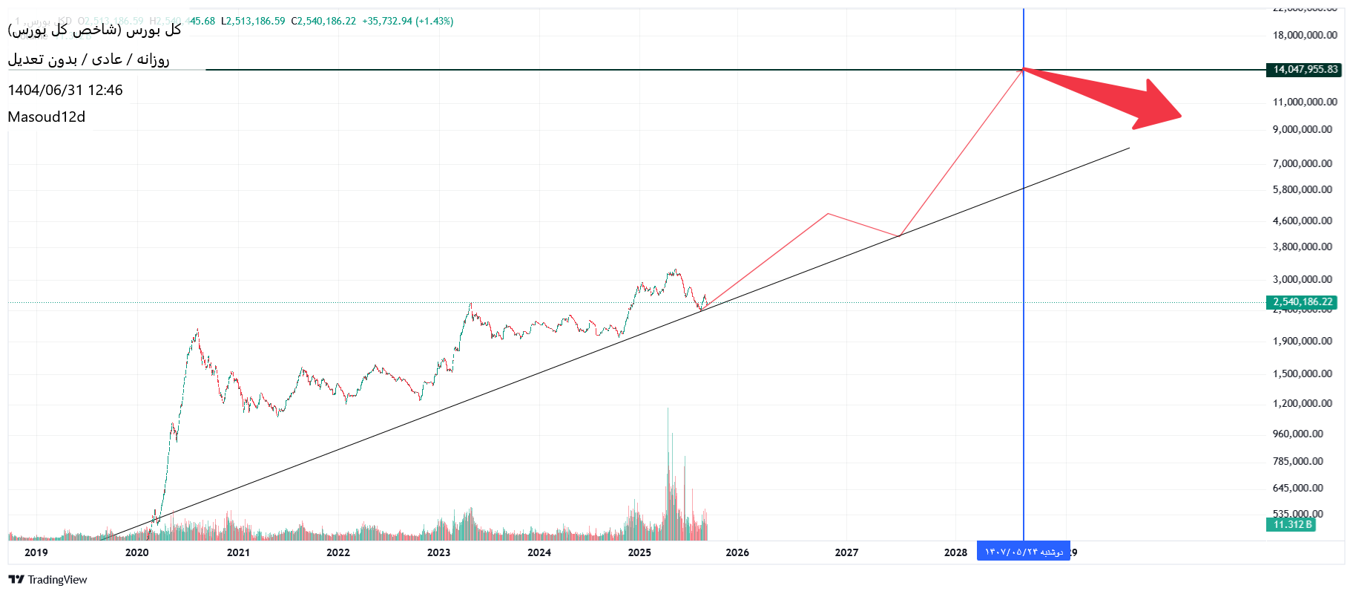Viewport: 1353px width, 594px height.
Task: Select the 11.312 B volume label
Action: (1291, 525)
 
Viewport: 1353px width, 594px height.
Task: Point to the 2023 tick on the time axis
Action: (438, 552)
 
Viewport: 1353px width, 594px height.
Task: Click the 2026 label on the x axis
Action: (737, 552)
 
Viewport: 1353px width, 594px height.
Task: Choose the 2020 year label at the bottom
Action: (136, 552)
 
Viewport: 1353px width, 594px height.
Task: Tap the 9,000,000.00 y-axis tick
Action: (1302, 129)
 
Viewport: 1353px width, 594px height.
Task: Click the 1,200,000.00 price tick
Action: (1302, 403)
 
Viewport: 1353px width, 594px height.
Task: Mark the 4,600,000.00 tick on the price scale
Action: (1302, 221)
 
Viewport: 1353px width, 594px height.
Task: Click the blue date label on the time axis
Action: (1023, 552)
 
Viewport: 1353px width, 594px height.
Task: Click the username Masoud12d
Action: (47, 117)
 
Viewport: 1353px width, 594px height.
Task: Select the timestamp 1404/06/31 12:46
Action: (65, 90)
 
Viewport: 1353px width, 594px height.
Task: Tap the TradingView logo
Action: (48, 580)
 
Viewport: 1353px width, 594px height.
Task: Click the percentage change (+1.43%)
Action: (434, 21)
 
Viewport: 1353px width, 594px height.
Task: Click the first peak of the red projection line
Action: (828, 214)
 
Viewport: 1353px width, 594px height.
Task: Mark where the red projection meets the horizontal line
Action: (1024, 70)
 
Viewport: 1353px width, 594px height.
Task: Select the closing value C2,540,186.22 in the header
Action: (323, 21)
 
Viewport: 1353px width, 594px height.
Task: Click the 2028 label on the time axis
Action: (955, 552)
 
